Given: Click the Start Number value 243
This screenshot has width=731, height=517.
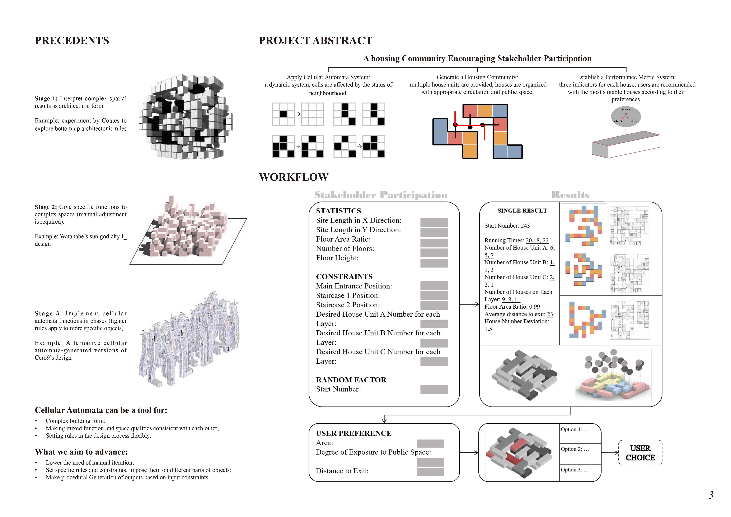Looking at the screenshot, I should click(525, 226).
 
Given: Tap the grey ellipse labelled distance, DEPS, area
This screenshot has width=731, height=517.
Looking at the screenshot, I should click(626, 117).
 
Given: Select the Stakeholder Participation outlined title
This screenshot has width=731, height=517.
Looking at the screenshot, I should click(381, 195).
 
